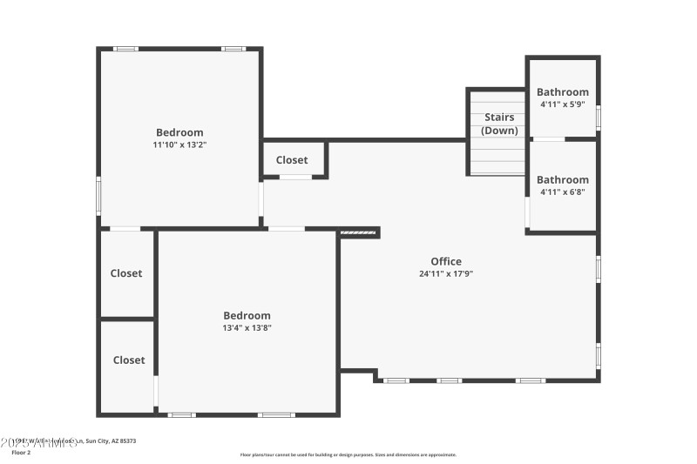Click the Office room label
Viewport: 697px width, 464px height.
point(446,261)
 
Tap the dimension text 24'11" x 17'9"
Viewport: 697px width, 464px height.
point(446,273)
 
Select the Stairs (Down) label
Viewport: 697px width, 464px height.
point(499,124)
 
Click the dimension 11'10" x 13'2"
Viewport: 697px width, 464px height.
point(179,145)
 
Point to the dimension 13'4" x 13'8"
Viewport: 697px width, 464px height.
point(247,328)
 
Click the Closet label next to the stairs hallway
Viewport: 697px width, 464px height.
point(292,160)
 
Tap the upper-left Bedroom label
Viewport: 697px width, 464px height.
point(179,132)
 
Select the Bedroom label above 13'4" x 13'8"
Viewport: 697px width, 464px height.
point(247,315)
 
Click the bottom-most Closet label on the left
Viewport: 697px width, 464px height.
point(129,360)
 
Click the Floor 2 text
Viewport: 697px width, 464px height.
point(22,453)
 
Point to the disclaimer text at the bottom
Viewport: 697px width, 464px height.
point(348,454)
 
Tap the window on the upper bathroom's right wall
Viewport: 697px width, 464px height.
point(598,117)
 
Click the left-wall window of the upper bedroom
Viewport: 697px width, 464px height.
point(98,194)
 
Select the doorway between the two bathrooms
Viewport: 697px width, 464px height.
point(548,138)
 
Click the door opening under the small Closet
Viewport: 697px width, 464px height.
point(295,177)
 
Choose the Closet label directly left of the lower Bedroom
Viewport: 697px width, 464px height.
point(126,273)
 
